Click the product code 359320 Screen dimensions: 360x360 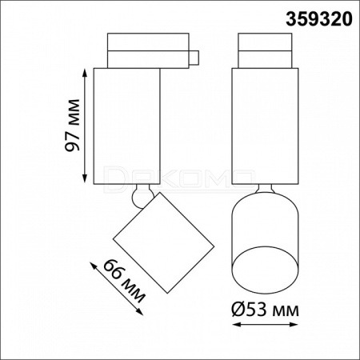click(x=319, y=19)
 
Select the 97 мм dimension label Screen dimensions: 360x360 click(x=72, y=126)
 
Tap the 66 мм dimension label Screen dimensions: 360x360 click(x=124, y=281)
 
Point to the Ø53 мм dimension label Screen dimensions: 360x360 click(x=265, y=310)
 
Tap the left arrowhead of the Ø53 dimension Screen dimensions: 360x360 click(x=236, y=325)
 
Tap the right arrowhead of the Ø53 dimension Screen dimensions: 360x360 click(x=294, y=325)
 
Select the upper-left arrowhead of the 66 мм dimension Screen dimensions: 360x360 click(x=93, y=265)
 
